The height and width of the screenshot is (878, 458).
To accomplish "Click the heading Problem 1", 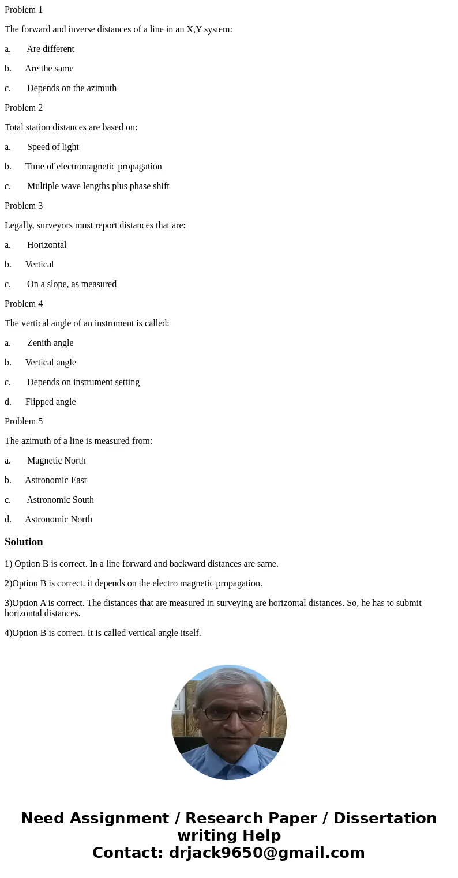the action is [x=24, y=10].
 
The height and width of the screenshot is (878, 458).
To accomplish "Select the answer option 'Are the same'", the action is [x=49, y=69].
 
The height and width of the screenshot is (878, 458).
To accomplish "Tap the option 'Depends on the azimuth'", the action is [x=72, y=88].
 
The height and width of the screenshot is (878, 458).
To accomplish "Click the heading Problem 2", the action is [x=24, y=108].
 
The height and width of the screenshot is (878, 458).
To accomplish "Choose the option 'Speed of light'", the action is [x=53, y=147].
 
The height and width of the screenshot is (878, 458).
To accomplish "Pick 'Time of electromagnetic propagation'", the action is [x=93, y=167].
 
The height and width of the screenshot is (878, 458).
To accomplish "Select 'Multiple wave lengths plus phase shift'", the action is [x=98, y=186].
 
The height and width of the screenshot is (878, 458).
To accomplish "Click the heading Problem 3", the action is [x=24, y=206].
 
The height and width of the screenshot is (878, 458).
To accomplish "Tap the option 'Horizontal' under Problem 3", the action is [x=47, y=245].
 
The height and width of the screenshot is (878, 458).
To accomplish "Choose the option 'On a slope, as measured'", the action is [x=72, y=284].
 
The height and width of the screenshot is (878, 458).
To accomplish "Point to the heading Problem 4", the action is [x=24, y=304].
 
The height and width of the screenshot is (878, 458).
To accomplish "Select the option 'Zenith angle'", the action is [x=50, y=343].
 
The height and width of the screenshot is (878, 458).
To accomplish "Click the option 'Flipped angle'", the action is [x=50, y=402].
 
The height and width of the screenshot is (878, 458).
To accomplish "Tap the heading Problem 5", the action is [x=24, y=421].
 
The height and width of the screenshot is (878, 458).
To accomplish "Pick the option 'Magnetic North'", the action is [x=57, y=461].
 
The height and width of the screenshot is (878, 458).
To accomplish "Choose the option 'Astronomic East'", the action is [x=55, y=480].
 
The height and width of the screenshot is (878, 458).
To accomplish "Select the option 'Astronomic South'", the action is [x=60, y=500].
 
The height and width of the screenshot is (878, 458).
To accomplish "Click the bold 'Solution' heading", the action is [x=24, y=542].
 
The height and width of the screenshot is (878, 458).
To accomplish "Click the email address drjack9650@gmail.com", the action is [x=266, y=853].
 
